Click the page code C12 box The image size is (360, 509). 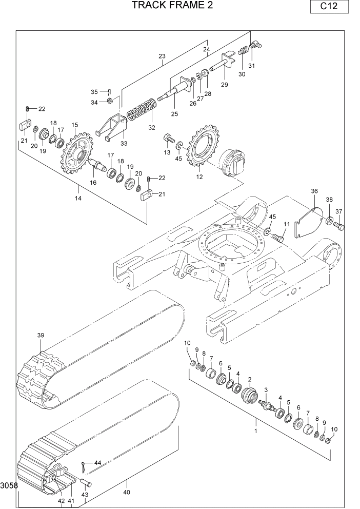pyautogui.click(x=329, y=7)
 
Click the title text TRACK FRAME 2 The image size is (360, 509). pyautogui.click(x=172, y=6)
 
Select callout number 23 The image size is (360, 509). pyautogui.click(x=162, y=56)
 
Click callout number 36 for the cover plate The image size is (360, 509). pyautogui.click(x=314, y=191)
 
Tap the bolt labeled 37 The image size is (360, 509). pyautogui.click(x=339, y=225)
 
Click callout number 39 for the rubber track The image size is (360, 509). pyautogui.click(x=41, y=335)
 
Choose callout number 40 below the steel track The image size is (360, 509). pyautogui.click(x=127, y=492)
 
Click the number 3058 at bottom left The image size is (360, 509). pyautogui.click(x=9, y=485)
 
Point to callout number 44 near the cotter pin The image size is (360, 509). pyautogui.click(x=97, y=462)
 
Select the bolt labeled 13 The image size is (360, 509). pyautogui.click(x=168, y=139)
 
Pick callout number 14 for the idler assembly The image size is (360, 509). pyautogui.click(x=78, y=198)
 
